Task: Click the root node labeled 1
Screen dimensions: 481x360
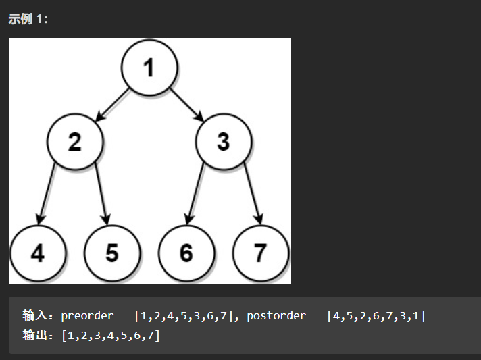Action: (x=149, y=68)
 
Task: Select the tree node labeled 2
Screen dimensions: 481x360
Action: (x=75, y=143)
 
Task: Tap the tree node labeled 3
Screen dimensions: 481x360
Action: (x=224, y=143)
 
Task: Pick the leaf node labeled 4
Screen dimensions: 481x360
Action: (x=38, y=253)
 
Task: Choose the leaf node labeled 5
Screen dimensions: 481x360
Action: (x=112, y=253)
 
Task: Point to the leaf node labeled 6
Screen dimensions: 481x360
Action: (x=186, y=253)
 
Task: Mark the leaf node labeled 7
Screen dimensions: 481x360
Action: (x=261, y=253)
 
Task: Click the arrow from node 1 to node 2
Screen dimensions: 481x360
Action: (x=112, y=105)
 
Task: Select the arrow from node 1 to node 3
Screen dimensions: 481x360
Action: (x=186, y=105)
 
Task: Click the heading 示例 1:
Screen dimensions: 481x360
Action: (x=28, y=18)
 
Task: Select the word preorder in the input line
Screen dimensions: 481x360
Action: (x=85, y=315)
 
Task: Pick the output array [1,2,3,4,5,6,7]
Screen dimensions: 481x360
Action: (x=110, y=335)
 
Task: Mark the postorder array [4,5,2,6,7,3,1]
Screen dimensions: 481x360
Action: (x=376, y=315)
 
